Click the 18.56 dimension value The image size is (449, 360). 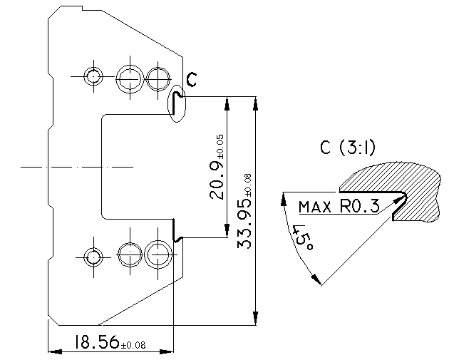coord(97,341)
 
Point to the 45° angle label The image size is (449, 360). coord(303,238)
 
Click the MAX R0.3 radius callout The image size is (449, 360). coord(339,206)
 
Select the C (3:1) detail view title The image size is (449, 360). coord(348,148)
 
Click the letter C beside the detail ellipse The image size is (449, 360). coord(192,79)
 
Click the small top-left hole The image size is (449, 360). coord(93,77)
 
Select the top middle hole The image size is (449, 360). coord(130,78)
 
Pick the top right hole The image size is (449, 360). coord(158,78)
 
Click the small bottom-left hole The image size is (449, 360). coord(93,257)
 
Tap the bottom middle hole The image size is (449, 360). coord(130,254)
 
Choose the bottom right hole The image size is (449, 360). coord(158,254)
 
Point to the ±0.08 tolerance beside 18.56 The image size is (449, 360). coord(133,345)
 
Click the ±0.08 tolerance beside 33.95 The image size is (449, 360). coord(248,185)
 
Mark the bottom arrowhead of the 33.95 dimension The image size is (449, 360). coord(255,319)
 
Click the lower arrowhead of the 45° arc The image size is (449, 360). coord(316,279)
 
